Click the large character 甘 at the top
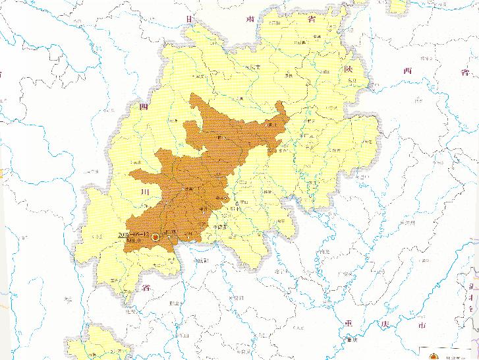[x=190, y=19]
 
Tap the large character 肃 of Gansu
[x=251, y=18]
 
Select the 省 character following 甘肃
[x=311, y=18]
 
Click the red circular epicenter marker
[x=155, y=237]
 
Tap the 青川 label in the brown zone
[x=271, y=124]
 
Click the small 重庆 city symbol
[x=349, y=340]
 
